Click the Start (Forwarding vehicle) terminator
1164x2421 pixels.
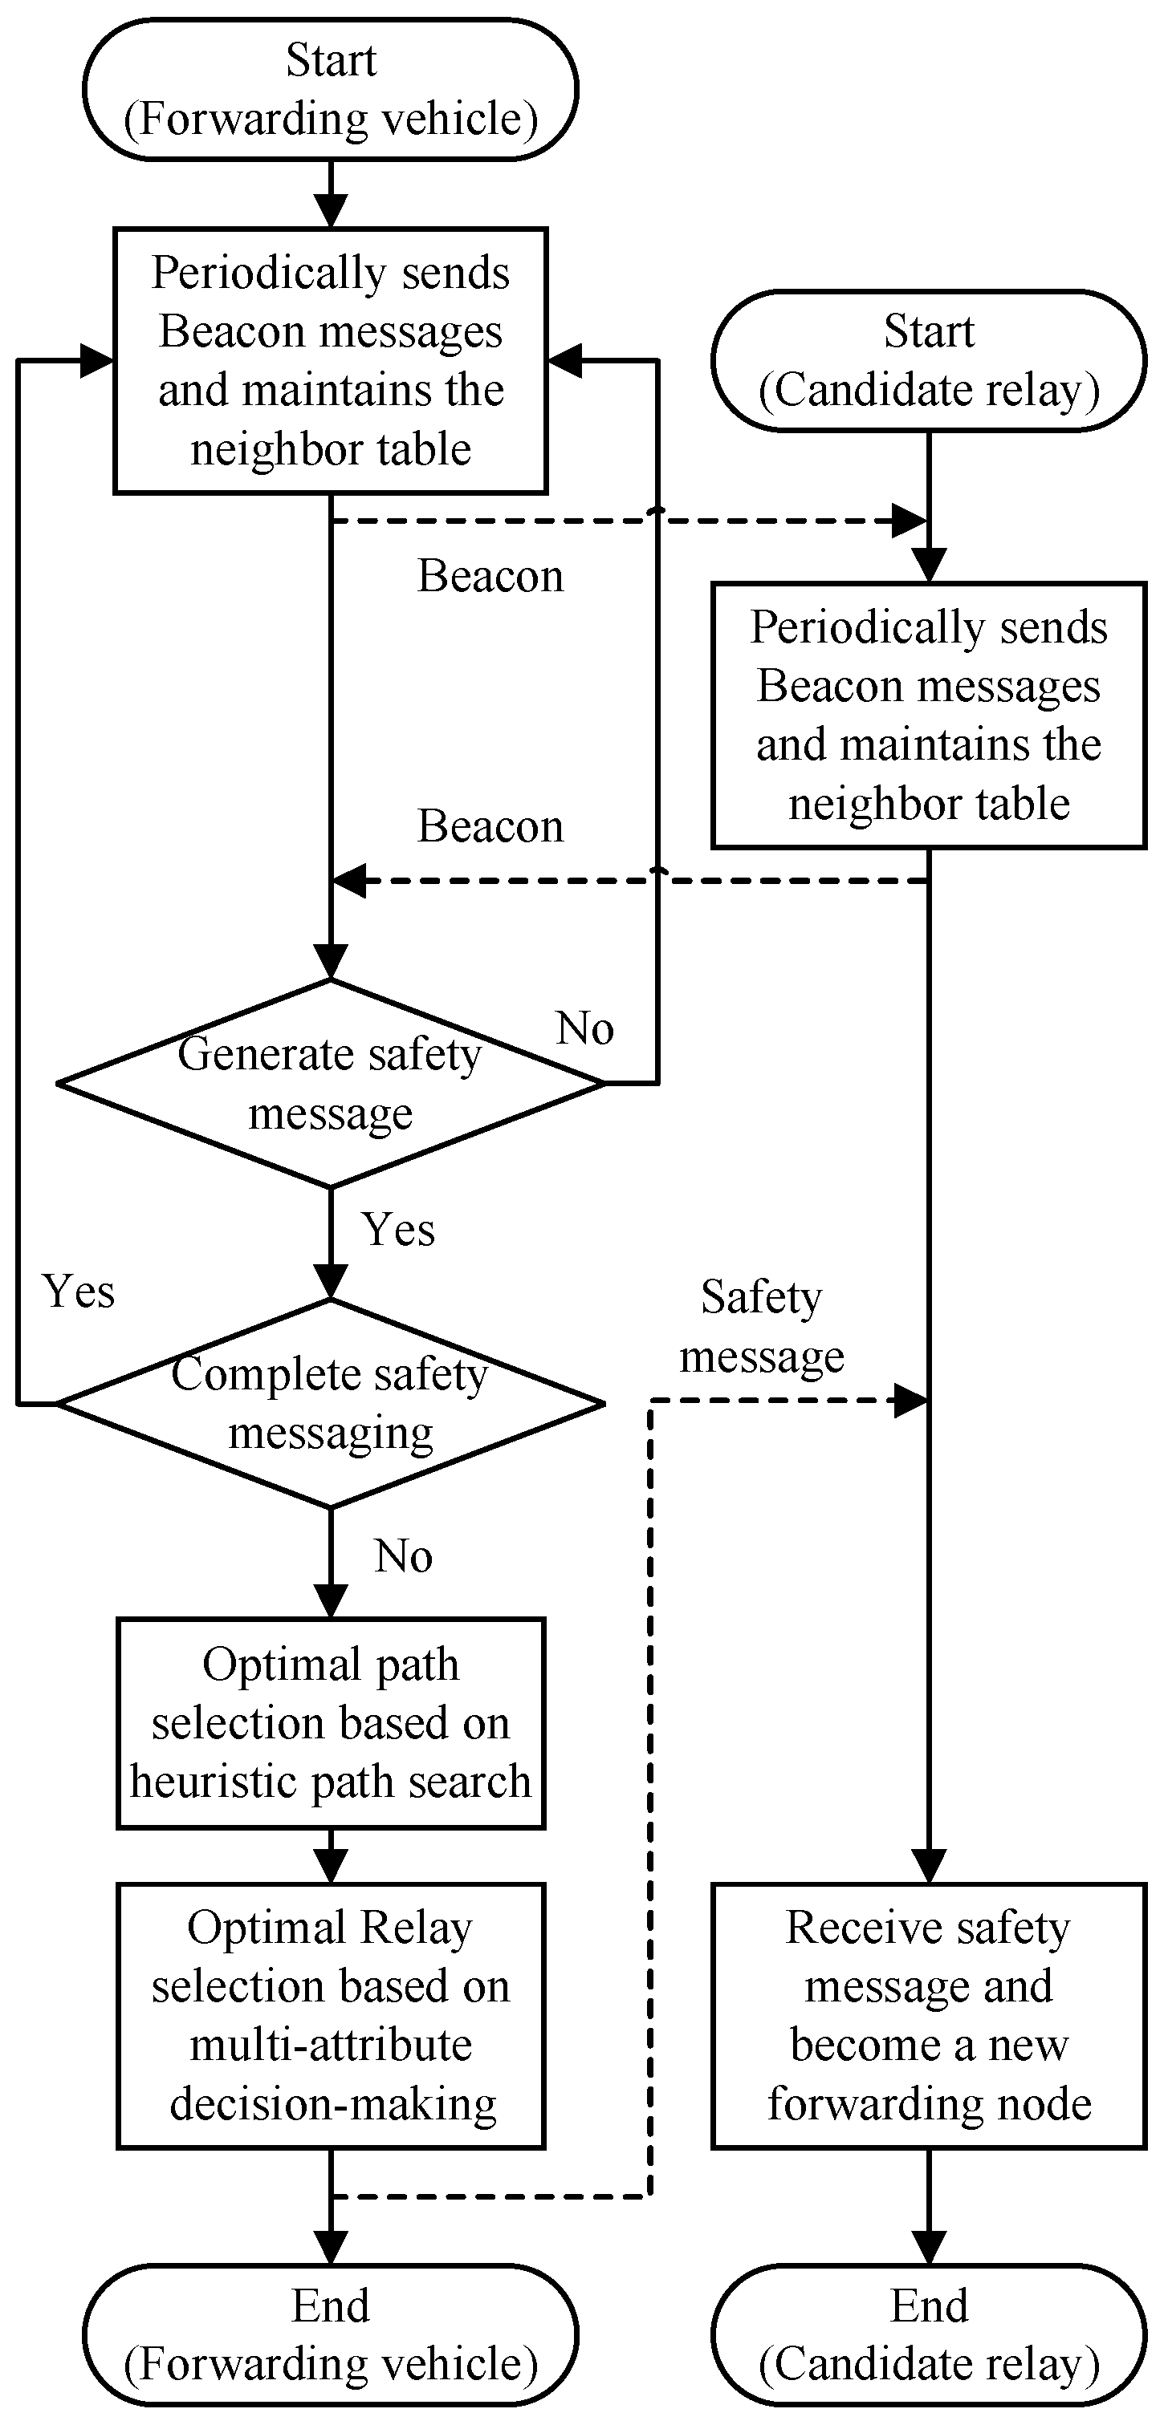(x=330, y=89)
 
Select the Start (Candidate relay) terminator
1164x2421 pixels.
(x=928, y=361)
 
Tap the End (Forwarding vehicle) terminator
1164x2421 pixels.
(x=330, y=2334)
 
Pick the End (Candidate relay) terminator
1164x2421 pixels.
(x=928, y=2334)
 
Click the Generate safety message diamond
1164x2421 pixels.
(x=330, y=1084)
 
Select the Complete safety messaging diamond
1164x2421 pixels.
(x=330, y=1403)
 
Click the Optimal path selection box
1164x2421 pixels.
(x=330, y=1723)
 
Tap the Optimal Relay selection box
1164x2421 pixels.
(x=330, y=2015)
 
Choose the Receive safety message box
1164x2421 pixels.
(x=928, y=2015)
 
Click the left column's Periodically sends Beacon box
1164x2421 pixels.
(x=330, y=361)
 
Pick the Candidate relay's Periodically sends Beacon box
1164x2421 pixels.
(x=928, y=716)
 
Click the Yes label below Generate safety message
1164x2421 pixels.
(x=399, y=1229)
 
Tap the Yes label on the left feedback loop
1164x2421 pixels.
(x=79, y=1292)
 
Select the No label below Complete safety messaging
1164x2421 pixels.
(x=403, y=1556)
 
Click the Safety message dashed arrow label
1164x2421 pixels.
(x=762, y=1326)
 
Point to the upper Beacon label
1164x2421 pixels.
(x=490, y=576)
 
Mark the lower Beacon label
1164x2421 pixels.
(x=490, y=827)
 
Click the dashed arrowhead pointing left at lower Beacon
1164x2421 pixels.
(x=349, y=882)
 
